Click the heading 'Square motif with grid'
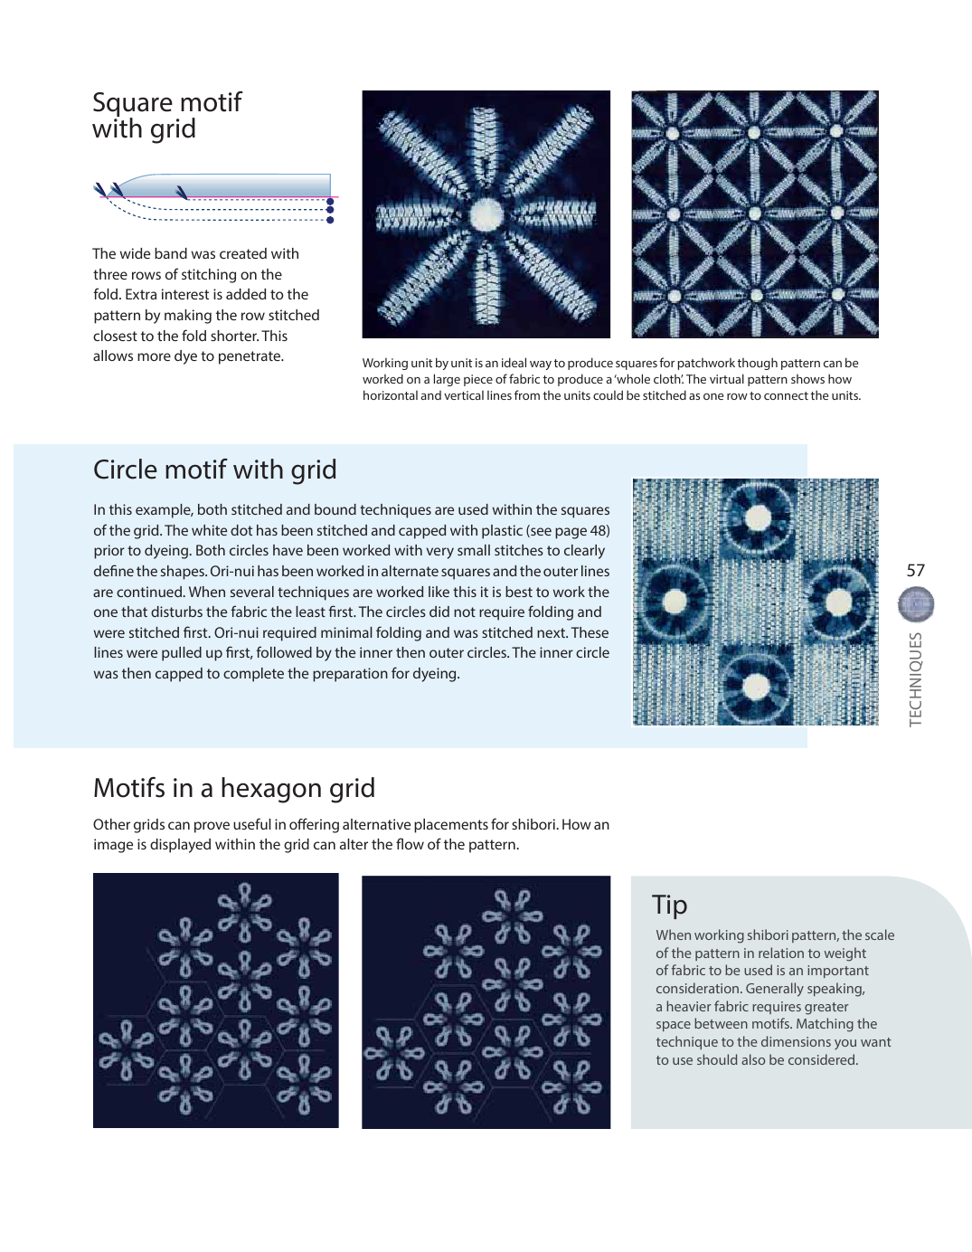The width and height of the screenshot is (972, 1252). pos(166,115)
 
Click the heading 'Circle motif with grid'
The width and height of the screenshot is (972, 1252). pos(214,469)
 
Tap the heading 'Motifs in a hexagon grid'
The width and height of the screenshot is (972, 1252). pos(233,788)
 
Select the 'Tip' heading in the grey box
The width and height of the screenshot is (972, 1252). pos(669,905)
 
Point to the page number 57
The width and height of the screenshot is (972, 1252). pos(915,570)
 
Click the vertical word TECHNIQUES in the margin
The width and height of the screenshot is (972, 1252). pos(915,678)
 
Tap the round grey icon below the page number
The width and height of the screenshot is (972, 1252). pos(915,605)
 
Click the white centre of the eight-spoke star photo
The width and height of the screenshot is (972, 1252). pos(486,214)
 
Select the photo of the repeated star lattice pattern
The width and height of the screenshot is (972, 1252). pos(754,214)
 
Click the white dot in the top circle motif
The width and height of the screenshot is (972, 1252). pos(758,517)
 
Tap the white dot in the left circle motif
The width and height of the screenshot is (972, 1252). pos(674,602)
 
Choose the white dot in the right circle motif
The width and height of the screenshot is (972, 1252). pos(838,601)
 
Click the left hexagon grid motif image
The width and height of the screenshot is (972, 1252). pos(215,1000)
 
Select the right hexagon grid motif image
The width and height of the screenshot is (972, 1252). pos(486,1001)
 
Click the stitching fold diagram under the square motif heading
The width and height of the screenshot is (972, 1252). pos(215,199)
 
